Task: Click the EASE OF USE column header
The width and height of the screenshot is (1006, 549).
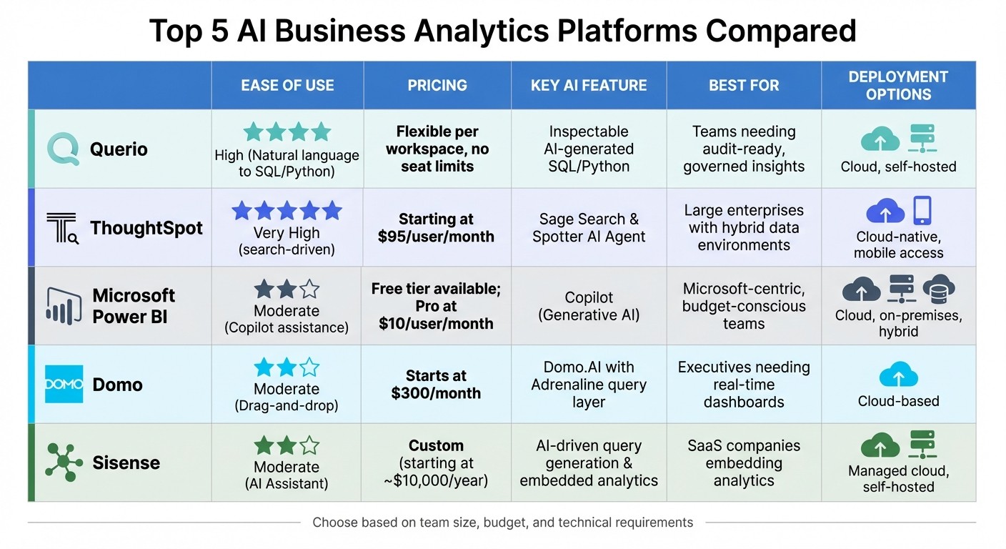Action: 287,86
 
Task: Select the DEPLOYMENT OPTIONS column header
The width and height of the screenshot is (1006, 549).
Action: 898,86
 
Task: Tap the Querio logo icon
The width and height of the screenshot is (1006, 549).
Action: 63,149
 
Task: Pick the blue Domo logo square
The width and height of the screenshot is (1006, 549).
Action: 64,384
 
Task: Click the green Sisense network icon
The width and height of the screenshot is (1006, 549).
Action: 64,462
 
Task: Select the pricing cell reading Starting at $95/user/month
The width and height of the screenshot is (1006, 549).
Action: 436,228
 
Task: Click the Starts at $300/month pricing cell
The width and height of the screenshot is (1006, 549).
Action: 436,385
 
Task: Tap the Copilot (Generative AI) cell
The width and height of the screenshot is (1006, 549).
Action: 589,306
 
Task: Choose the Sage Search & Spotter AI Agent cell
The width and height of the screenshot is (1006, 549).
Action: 589,228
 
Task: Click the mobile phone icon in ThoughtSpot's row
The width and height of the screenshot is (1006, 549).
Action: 922,211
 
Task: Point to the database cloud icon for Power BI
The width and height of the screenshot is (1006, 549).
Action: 938,290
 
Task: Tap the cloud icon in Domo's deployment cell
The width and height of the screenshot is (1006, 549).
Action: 898,375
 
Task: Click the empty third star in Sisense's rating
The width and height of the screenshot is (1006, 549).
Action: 309,446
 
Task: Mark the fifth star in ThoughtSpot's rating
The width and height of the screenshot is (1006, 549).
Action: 332,211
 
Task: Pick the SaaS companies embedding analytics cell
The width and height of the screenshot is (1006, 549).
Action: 743,463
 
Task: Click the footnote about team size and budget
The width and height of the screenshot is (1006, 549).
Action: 502,523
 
